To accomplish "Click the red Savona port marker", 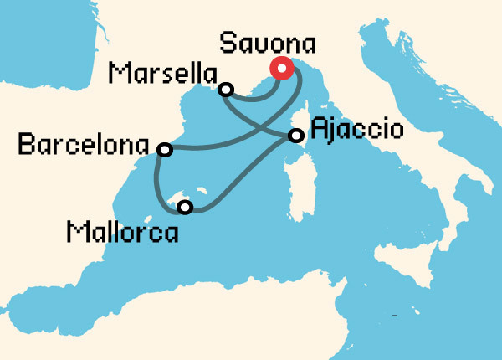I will click(x=282, y=69).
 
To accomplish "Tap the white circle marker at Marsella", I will click(x=224, y=89).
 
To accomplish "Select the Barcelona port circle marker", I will click(x=165, y=150).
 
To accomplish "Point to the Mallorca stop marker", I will click(x=186, y=207).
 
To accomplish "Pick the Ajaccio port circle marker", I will click(x=295, y=135).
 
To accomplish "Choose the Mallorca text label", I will click(x=122, y=231).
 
